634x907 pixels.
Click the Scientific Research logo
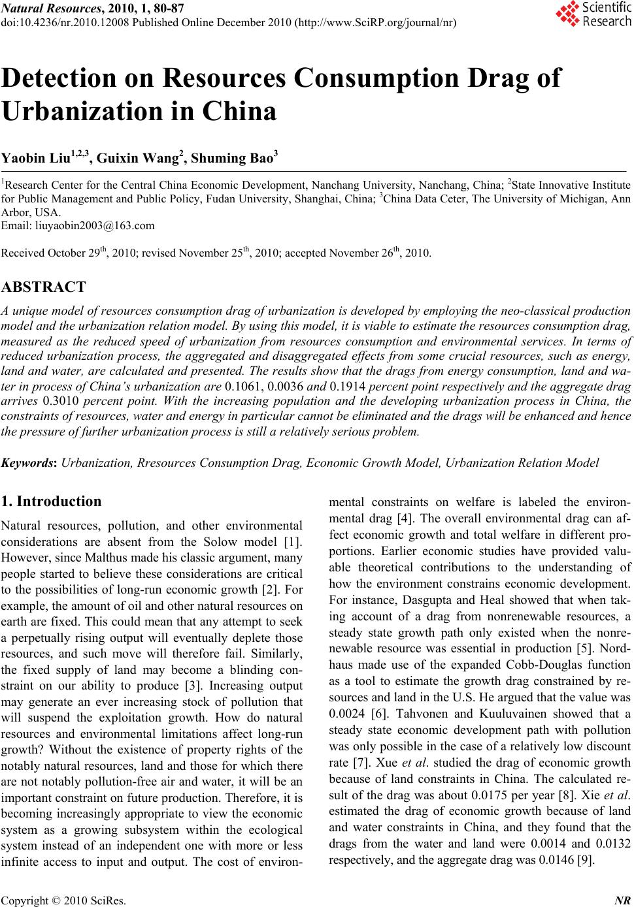tap(593, 14)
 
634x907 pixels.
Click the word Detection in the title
tap(71, 78)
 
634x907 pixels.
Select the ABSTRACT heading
tap(44, 287)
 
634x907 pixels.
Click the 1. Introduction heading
tap(52, 501)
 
